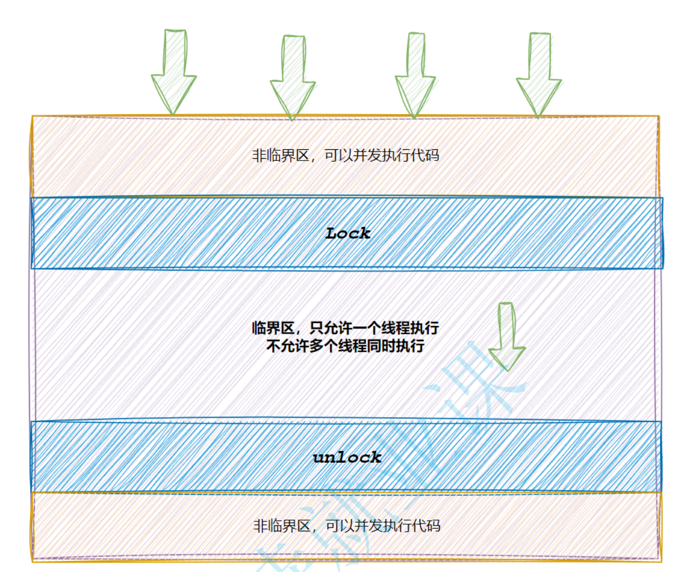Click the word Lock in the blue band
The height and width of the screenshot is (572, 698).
[348, 233]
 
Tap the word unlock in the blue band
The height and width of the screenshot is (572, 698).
[347, 457]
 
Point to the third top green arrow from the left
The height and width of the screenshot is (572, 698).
[415, 75]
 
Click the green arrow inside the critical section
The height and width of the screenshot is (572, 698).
[507, 337]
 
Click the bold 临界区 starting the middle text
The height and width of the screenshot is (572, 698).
[273, 328]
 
